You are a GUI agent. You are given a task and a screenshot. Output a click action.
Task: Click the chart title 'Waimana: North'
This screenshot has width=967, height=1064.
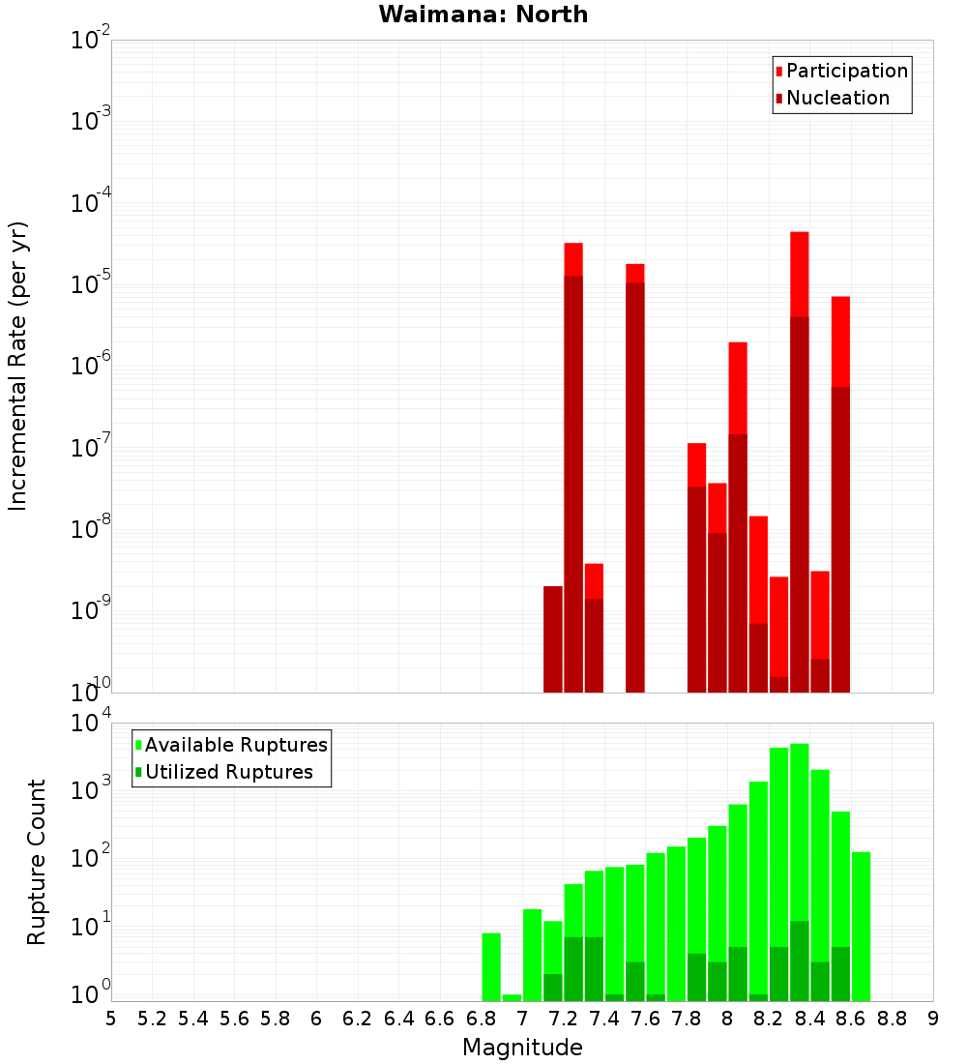483,15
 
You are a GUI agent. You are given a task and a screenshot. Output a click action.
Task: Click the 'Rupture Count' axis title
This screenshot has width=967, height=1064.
37,861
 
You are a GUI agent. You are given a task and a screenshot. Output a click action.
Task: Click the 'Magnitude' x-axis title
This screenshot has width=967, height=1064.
522,1048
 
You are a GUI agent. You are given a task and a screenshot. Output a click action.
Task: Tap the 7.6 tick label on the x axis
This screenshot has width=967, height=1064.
645,1018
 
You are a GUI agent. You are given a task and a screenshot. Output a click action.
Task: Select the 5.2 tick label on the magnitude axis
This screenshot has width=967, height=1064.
152,1018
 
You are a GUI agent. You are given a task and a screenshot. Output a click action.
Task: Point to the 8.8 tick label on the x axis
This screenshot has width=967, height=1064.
892,1018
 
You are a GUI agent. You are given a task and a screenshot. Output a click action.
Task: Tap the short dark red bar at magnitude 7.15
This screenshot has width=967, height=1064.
552,638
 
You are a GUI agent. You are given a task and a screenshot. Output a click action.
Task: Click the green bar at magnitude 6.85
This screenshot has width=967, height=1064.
491,966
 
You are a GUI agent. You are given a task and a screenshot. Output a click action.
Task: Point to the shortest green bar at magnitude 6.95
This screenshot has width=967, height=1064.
512,997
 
